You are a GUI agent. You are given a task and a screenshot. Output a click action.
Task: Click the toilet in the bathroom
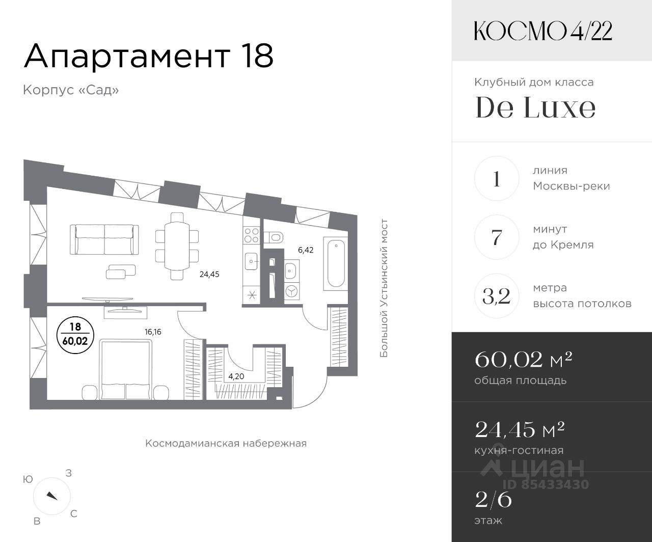tap(274, 237)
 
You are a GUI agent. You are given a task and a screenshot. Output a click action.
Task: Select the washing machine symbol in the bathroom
tap(292, 291)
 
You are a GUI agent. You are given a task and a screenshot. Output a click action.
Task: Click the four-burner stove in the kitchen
tap(251, 236)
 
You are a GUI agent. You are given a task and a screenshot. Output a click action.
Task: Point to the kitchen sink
tap(251, 261)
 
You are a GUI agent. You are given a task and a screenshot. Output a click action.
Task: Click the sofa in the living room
tap(104, 239)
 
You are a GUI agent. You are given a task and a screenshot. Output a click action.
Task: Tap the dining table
tap(177, 246)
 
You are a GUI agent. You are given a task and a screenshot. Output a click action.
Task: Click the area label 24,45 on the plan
tap(209, 275)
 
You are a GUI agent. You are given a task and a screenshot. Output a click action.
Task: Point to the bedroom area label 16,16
tap(153, 332)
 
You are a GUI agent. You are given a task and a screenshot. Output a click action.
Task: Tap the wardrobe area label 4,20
tap(236, 376)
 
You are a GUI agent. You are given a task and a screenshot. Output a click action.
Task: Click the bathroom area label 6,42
tap(306, 250)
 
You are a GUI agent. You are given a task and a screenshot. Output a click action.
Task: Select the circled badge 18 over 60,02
tap(75, 335)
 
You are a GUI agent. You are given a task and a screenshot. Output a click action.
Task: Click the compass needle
tap(52, 496)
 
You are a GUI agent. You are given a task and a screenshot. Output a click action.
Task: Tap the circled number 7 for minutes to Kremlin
tap(497, 237)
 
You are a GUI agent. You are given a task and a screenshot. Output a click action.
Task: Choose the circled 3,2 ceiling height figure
tap(497, 296)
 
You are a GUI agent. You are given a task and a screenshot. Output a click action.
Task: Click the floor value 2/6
tap(494, 500)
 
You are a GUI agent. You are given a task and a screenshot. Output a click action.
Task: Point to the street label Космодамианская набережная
tap(226, 443)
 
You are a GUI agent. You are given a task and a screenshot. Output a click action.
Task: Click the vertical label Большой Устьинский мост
tap(384, 288)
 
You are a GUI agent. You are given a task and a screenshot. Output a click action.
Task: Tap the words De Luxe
tap(535, 107)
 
